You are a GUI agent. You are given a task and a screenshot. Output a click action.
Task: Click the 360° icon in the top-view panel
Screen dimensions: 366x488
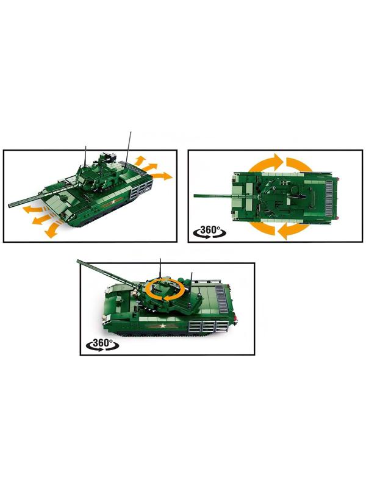(x=210, y=232)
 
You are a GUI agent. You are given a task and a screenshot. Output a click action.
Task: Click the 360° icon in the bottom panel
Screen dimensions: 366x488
(x=102, y=345)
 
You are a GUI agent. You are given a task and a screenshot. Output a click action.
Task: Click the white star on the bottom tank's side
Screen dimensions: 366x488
(x=162, y=326)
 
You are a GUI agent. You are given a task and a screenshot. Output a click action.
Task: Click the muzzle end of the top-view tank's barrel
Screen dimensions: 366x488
(x=195, y=196)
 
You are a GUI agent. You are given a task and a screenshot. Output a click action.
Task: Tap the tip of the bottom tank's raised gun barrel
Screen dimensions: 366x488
(x=78, y=261)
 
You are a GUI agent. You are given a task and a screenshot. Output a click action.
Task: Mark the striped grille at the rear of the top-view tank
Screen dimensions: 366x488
(x=328, y=199)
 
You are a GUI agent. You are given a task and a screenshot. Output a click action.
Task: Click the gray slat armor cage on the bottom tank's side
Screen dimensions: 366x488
(x=207, y=328)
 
